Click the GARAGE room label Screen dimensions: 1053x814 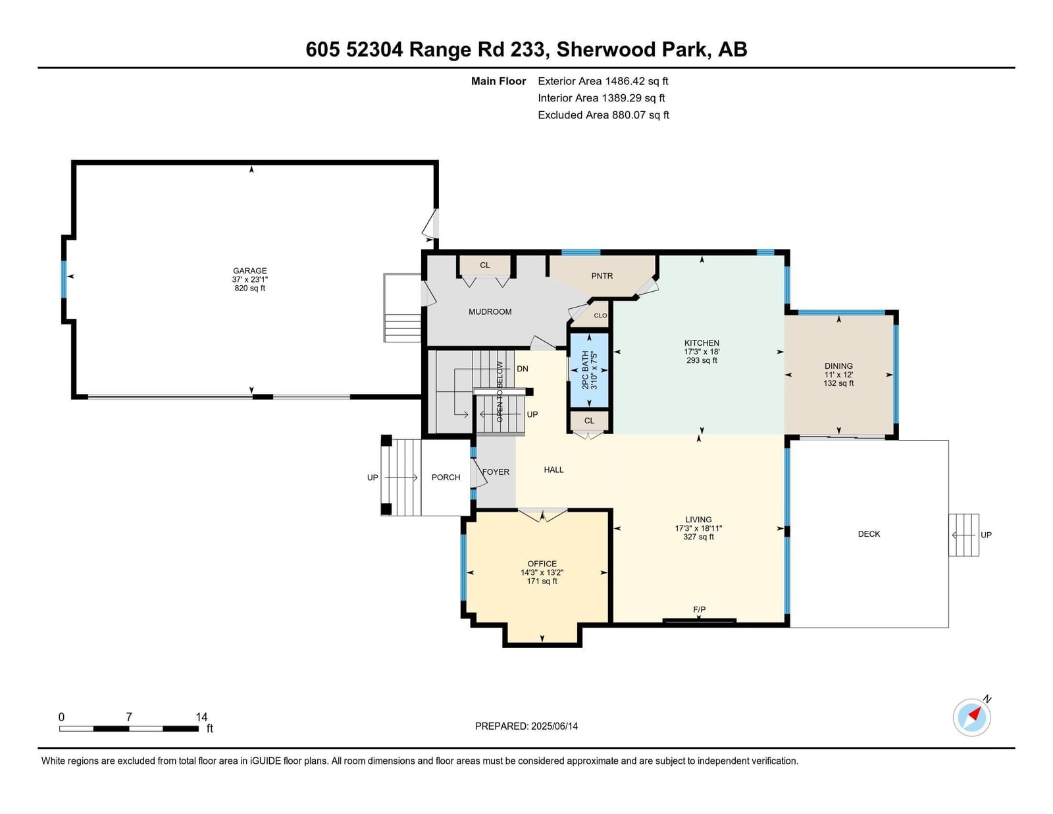(249, 271)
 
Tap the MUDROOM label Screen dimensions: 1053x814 (490, 312)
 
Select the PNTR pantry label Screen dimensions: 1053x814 (602, 276)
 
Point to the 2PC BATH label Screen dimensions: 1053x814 (585, 370)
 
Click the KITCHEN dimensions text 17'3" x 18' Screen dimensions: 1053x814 (702, 352)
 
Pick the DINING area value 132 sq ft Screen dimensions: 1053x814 (838, 383)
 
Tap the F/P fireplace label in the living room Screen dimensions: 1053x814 (699, 609)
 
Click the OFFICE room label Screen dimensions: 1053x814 (542, 564)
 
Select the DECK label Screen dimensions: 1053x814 (869, 534)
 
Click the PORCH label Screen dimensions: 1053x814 (446, 477)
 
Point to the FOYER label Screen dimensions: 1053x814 (496, 472)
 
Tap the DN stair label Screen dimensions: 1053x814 (523, 368)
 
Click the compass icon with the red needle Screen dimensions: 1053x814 (972, 718)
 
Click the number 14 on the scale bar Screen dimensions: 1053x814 (201, 717)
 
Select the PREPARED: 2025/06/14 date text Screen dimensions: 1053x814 (526, 726)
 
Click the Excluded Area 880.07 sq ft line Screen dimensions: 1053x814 (604, 115)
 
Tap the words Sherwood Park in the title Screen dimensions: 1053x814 (631, 49)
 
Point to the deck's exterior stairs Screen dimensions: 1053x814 (964, 535)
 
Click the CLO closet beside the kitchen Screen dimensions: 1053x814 (600, 315)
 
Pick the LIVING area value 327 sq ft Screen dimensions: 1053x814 (698, 537)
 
